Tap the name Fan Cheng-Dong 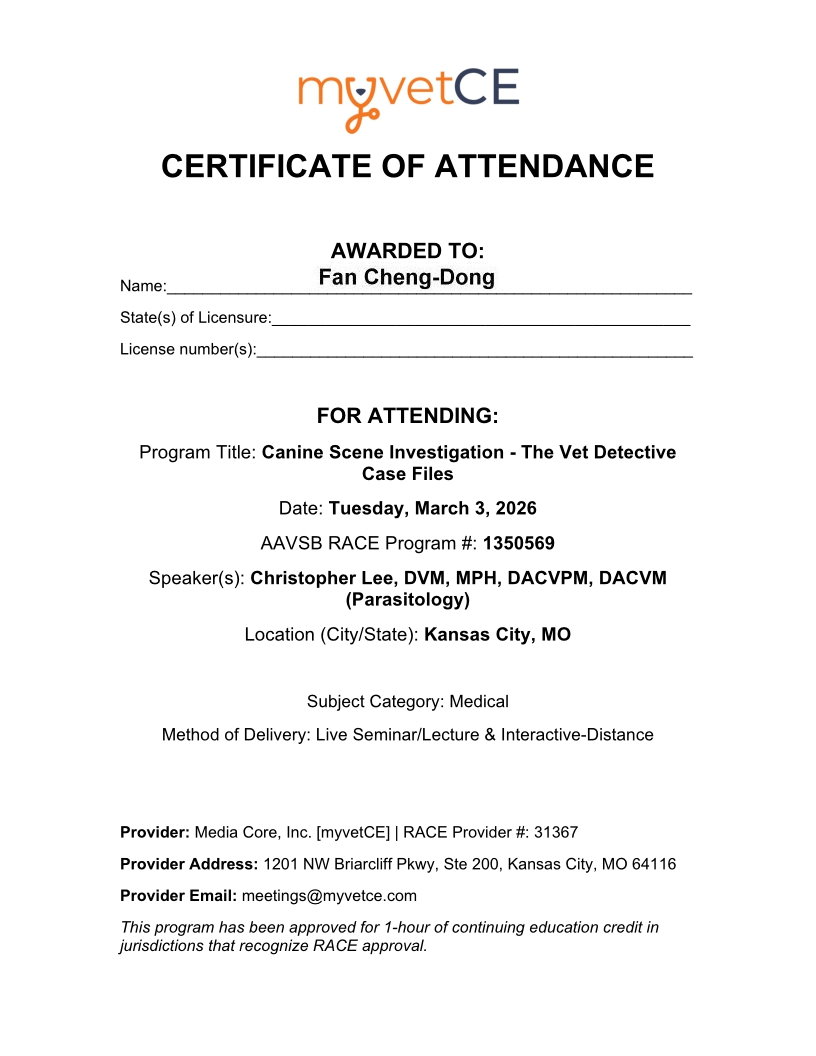point(406,277)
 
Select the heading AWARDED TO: point(407,250)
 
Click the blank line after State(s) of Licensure point(480,318)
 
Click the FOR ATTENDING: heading point(407,415)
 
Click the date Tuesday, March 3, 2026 point(432,508)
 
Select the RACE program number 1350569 point(518,544)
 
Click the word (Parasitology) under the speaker point(407,600)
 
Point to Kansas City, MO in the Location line point(497,634)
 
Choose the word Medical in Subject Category point(479,702)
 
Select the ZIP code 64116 point(654,863)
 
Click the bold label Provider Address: point(188,863)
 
